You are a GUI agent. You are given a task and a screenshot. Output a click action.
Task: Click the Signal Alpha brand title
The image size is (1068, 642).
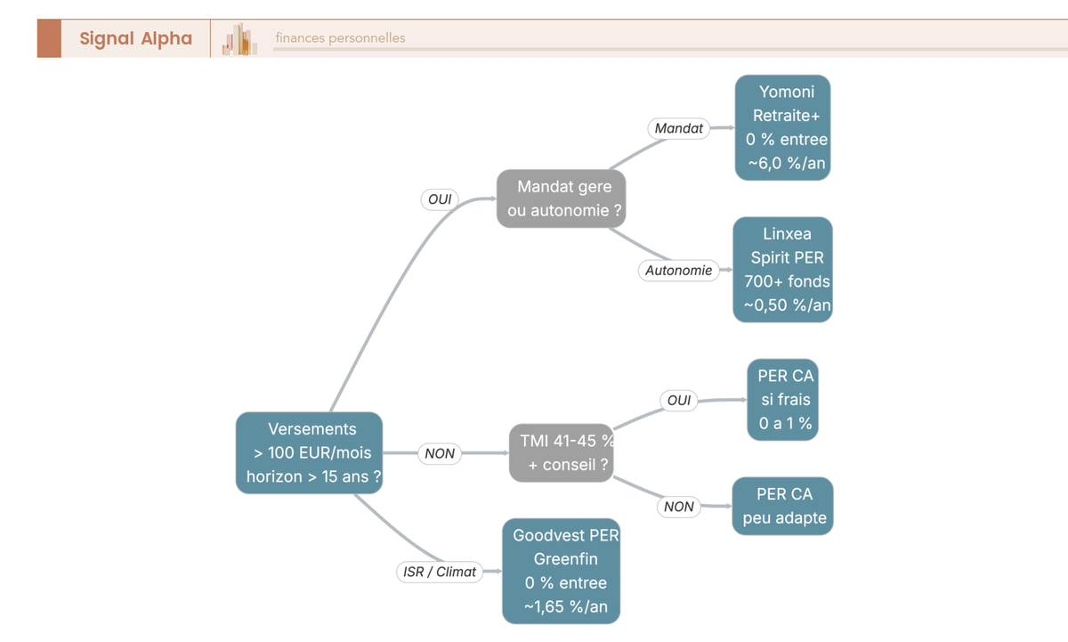tap(136, 38)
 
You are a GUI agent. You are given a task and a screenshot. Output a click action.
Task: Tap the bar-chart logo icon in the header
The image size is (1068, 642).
tap(239, 39)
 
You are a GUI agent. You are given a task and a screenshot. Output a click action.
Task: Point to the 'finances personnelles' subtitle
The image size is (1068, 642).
tap(340, 38)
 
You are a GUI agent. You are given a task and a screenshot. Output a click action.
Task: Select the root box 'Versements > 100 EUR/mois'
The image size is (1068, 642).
tap(310, 452)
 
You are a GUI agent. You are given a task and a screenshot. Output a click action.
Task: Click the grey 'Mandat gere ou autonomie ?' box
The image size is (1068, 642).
tap(562, 199)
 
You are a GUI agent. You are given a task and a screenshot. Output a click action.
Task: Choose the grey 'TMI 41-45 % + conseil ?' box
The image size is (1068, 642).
tap(562, 452)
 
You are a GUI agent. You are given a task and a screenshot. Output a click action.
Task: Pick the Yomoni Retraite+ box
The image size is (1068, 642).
tap(783, 127)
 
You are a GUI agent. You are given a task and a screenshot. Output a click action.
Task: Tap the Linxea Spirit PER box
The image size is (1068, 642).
tap(783, 270)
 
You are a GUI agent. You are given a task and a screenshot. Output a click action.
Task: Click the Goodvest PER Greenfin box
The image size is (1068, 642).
tap(562, 571)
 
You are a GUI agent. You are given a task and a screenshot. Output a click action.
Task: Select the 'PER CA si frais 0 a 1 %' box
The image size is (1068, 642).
tap(783, 400)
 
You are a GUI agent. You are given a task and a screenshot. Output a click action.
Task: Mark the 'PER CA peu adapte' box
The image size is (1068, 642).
tap(783, 506)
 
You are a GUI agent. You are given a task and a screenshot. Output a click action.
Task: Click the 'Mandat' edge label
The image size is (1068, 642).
tap(678, 128)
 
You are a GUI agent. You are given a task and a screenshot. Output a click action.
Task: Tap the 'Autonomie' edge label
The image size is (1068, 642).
tap(678, 271)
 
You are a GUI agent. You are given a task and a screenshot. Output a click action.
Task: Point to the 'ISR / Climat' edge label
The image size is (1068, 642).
tap(440, 572)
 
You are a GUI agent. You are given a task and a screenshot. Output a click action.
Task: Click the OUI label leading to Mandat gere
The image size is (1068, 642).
tap(440, 199)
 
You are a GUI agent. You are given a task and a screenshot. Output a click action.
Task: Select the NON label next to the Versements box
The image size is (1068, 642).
tap(440, 453)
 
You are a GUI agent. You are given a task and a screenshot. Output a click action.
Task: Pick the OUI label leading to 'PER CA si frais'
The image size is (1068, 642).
tap(678, 400)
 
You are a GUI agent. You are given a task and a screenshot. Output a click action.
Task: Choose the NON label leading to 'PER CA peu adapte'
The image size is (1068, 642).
tap(678, 507)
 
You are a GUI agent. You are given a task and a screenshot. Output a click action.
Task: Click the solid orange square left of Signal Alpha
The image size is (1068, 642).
tap(50, 38)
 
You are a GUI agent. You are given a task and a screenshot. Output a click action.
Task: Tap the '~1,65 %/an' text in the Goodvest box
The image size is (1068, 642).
tap(566, 606)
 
